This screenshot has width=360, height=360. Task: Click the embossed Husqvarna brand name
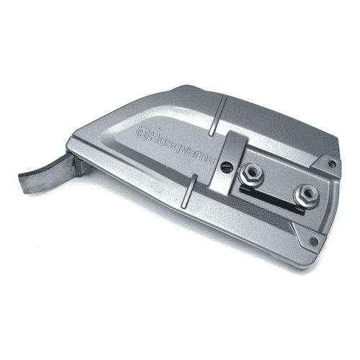182,148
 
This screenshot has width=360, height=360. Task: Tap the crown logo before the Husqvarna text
142,134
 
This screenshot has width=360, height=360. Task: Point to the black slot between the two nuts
272,199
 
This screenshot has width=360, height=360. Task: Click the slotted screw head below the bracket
226,166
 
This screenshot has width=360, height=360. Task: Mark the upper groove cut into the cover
217,116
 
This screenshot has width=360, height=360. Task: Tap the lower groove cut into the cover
189,191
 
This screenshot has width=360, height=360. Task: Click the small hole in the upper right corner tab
333,163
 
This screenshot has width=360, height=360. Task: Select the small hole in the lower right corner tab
314,240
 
